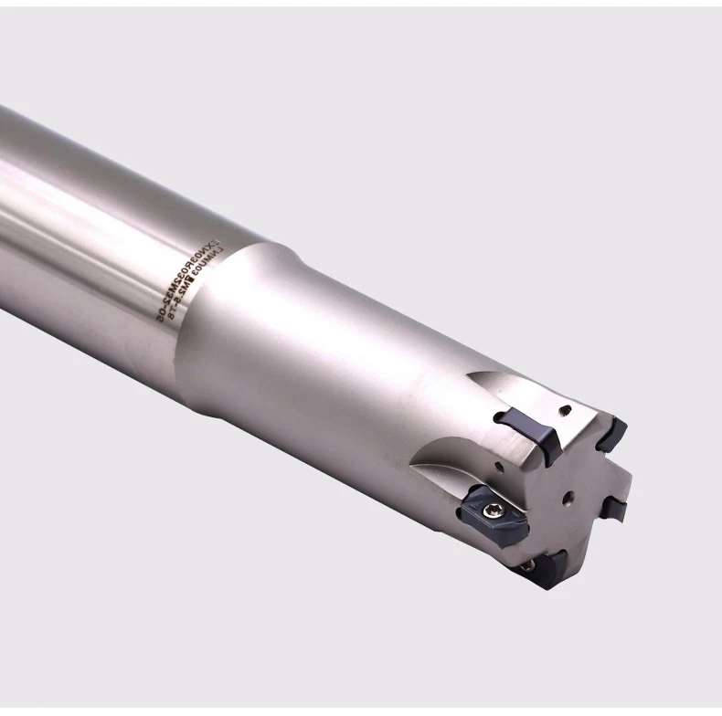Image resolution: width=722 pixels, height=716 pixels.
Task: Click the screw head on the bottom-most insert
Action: (x=528, y=567)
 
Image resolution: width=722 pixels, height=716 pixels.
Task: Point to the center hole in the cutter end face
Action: (x=568, y=498)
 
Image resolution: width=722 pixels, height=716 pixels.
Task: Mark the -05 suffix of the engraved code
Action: (x=158, y=310)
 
